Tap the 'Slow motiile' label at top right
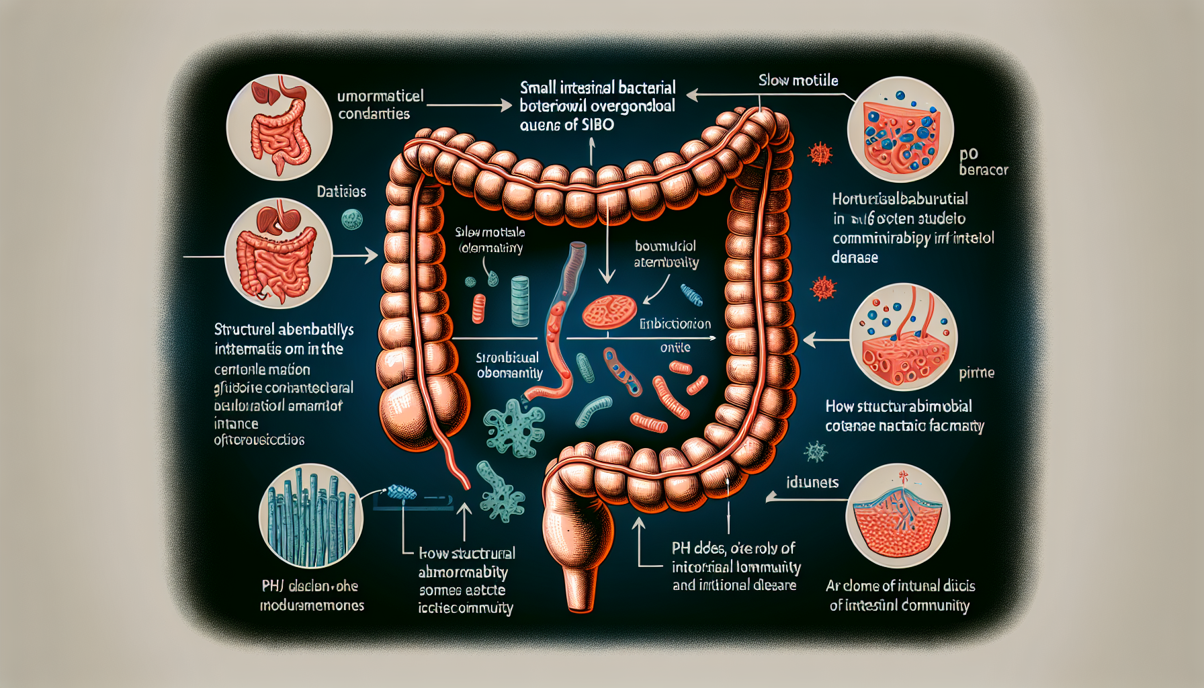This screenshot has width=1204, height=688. click(798, 81)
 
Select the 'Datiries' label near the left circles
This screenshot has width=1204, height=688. click(341, 191)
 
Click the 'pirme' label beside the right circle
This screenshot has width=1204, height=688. click(976, 372)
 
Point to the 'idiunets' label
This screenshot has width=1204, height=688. click(812, 482)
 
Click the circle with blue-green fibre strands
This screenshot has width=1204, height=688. click(310, 516)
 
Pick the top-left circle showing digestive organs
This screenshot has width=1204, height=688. click(279, 127)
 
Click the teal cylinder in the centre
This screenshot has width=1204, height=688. click(521, 300)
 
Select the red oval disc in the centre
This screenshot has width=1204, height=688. click(609, 312)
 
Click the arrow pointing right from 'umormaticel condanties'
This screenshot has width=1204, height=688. click(470, 105)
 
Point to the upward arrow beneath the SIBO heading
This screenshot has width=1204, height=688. click(591, 150)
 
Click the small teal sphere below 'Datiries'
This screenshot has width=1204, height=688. click(352, 218)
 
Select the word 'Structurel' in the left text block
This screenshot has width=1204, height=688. click(245, 330)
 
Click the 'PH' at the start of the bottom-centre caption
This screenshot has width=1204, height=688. click(681, 548)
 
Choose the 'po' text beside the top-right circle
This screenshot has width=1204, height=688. click(968, 154)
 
